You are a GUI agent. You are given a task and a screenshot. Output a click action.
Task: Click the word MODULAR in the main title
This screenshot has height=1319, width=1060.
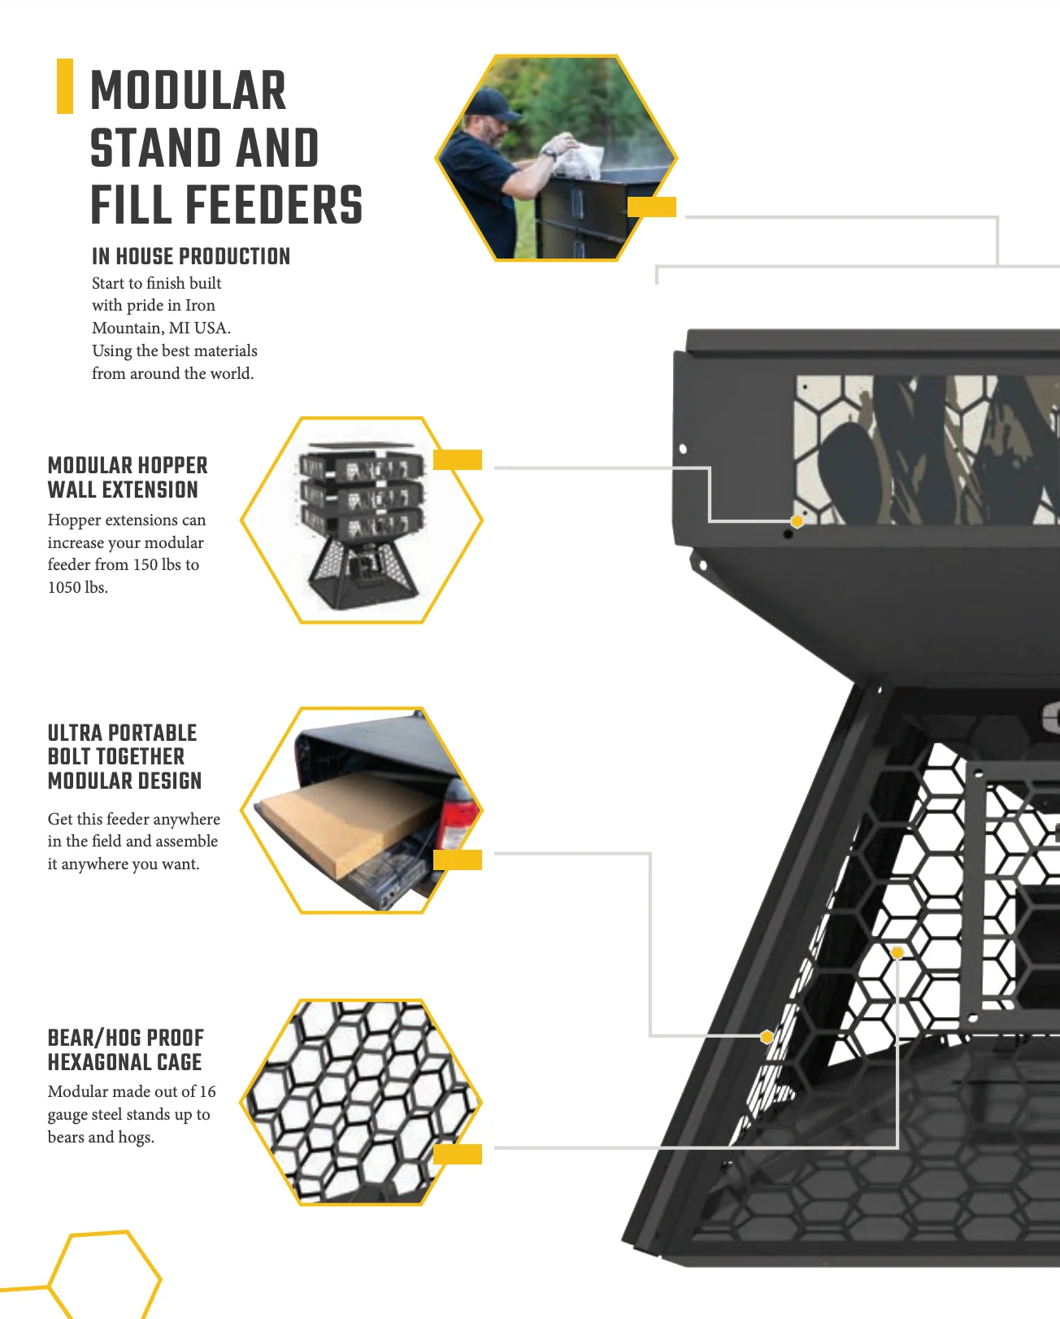coord(188,90)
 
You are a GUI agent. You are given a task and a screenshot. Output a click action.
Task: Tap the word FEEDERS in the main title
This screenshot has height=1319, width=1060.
coord(274,204)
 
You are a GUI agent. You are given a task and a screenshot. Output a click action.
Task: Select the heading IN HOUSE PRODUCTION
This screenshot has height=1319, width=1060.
coord(191,256)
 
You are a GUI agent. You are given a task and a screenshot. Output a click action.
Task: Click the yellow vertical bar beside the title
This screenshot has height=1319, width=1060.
coord(65,86)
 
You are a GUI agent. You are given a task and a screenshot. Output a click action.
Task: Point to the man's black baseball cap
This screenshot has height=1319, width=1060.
coord(493,102)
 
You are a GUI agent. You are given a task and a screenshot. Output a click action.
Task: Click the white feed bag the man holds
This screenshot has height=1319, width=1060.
coord(576,159)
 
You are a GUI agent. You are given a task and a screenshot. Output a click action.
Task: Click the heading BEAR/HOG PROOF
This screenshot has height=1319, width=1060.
coord(126,1038)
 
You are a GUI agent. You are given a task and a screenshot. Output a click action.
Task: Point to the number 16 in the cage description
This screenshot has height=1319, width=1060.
coord(207,1091)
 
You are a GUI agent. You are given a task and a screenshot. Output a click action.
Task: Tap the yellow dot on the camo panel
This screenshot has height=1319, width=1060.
coord(797,521)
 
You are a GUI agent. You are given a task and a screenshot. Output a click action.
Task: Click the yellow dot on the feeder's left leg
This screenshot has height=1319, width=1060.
coord(767,1037)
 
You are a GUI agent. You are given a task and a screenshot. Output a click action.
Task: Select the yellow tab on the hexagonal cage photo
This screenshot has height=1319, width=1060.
coord(458,1154)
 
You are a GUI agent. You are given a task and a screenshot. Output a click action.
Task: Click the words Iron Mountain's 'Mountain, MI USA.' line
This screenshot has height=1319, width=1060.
coord(162,328)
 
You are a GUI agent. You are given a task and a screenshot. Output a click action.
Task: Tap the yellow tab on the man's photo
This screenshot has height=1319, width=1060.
coord(652,207)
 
